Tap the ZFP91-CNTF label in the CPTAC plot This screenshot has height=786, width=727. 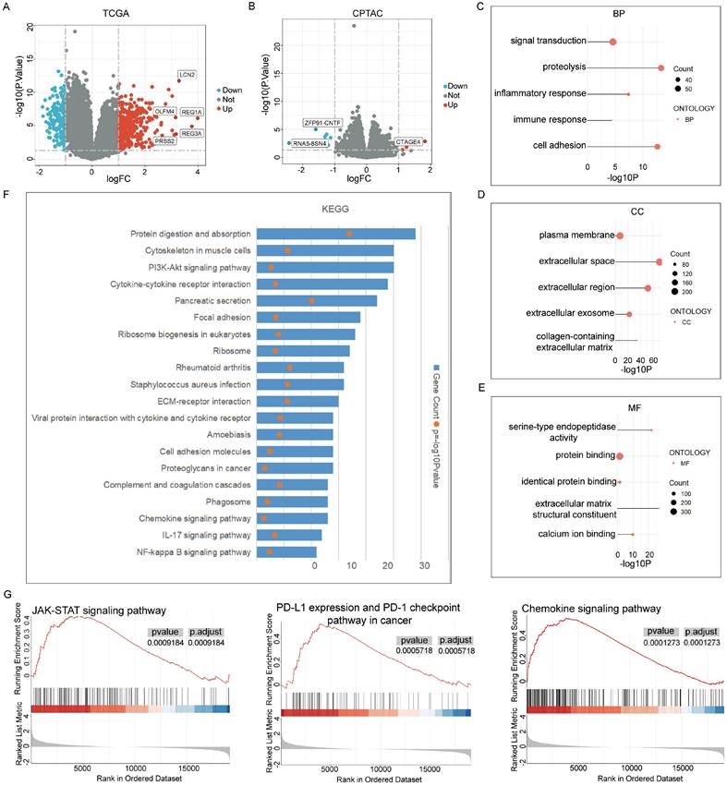(321, 122)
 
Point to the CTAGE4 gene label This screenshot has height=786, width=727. (407, 141)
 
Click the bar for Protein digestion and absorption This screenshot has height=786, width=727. (335, 234)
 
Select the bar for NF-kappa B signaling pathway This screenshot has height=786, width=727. (286, 552)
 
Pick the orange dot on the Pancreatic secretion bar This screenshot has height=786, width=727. (311, 301)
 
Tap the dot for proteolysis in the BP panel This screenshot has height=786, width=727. (660, 68)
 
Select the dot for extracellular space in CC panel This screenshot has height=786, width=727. (659, 262)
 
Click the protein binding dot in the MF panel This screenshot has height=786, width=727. (621, 456)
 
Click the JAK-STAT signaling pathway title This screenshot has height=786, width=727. (99, 611)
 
